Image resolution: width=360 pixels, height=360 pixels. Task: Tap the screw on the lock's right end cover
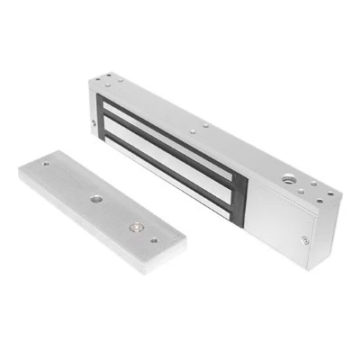coord(304,238)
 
